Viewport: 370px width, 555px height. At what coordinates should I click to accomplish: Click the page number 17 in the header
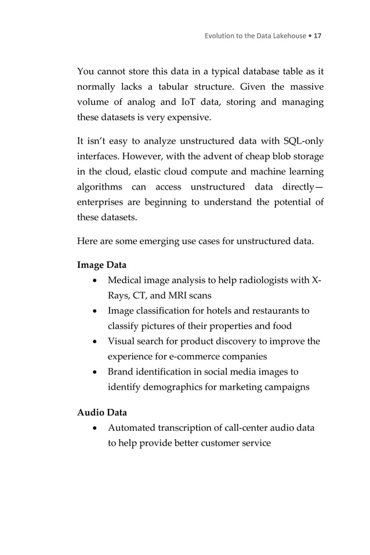click(317, 36)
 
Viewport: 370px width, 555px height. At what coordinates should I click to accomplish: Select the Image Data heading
click(101, 265)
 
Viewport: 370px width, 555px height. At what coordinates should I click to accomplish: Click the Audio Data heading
click(101, 413)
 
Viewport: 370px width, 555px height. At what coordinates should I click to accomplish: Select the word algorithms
click(100, 187)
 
